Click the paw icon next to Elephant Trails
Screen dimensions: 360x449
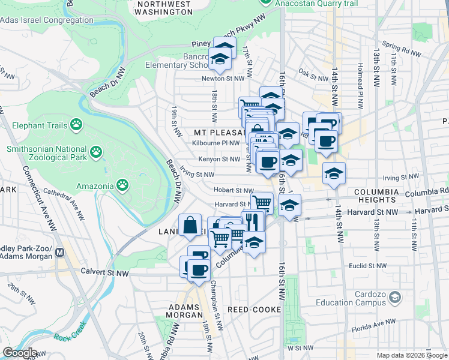[x=76, y=124]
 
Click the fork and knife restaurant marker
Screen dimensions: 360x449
[x=253, y=221]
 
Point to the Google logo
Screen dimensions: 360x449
[x=19, y=353]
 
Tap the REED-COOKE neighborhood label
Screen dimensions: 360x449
[x=252, y=309]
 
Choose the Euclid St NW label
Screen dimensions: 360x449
[x=367, y=265]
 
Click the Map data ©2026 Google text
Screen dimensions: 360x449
[x=412, y=355]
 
